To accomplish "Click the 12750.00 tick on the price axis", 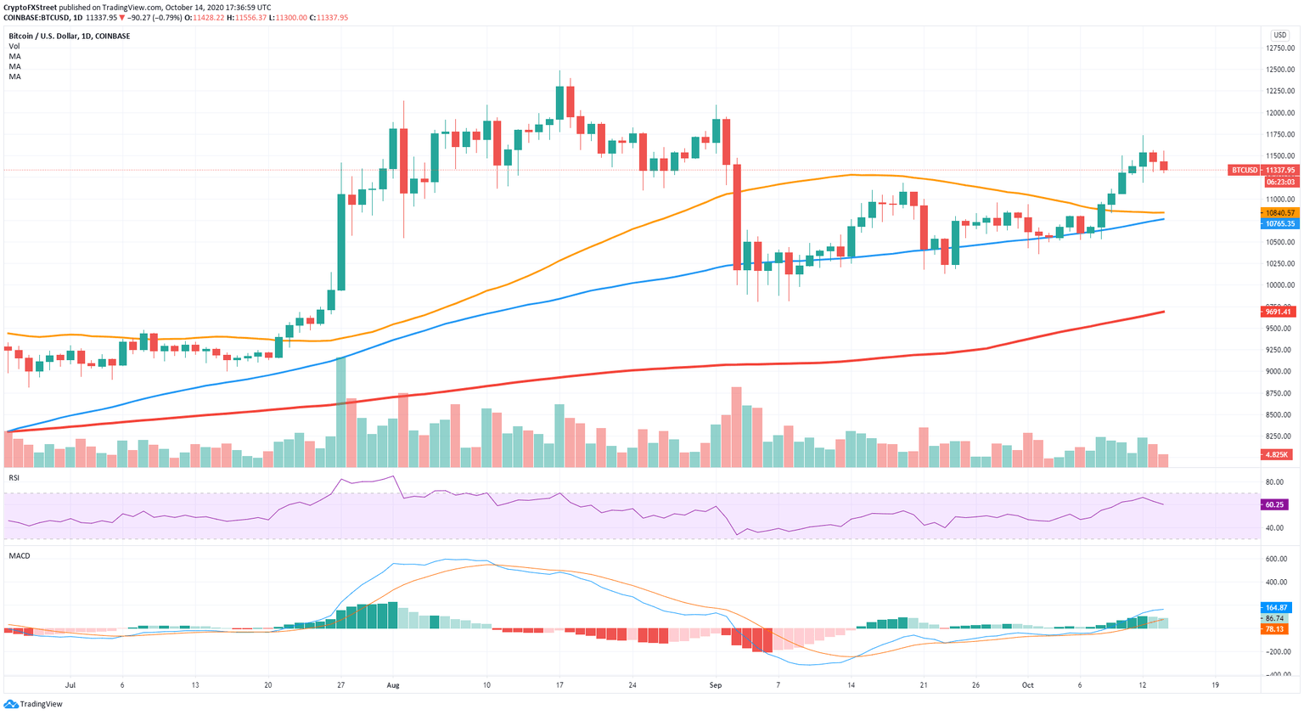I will click(1279, 48).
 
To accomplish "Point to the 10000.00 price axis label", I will click(1279, 285).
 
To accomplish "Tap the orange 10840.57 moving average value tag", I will click(1279, 213).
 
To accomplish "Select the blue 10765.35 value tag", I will click(1279, 223).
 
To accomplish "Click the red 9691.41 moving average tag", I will click(1279, 312).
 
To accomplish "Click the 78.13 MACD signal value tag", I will click(1273, 629).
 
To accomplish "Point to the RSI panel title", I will click(14, 478).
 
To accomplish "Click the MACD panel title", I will click(20, 556).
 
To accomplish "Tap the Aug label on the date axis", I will click(392, 684).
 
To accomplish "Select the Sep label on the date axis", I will click(715, 684).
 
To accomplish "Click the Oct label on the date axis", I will click(1027, 684).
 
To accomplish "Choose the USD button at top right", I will click(1279, 35).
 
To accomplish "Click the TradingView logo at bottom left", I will click(33, 704).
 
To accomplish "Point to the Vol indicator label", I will click(14, 46).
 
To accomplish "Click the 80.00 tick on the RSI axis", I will click(1273, 482).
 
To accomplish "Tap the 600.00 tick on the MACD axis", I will click(1276, 559).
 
